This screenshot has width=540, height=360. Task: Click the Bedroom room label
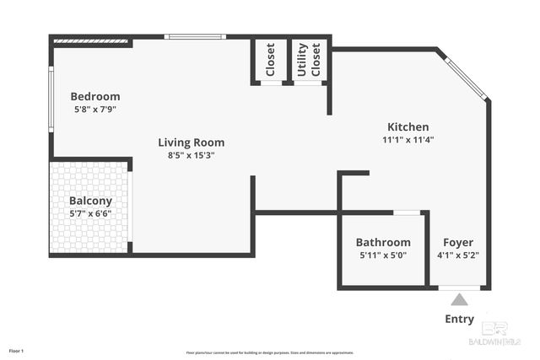coord(94,96)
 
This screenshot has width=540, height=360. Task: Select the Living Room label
coord(192,142)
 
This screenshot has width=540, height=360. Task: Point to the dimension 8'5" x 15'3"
coord(192,155)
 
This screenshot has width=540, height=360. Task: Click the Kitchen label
coord(407,126)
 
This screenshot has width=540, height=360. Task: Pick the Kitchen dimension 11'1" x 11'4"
coord(408,140)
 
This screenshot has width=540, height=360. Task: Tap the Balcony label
coord(90,201)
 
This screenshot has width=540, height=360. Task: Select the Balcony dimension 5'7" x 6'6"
coord(90,214)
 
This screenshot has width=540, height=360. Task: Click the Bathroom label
coord(383,242)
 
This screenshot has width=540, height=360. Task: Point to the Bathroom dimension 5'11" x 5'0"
coord(383,255)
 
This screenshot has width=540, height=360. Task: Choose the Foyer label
coord(458,242)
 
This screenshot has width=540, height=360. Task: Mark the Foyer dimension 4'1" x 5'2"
coord(458,255)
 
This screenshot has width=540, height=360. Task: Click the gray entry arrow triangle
coord(459,298)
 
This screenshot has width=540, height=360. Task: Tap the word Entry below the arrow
coord(459,319)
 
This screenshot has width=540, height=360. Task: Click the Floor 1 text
coord(17,350)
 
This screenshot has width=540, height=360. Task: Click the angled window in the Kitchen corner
coord(465,78)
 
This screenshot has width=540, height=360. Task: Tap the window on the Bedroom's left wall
coord(51,99)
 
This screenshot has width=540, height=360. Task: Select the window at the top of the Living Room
coord(194,36)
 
